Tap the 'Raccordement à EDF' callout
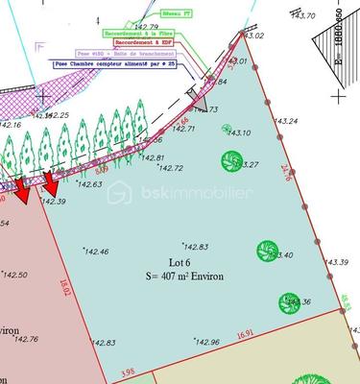145,43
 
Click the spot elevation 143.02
251,36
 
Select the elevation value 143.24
286,122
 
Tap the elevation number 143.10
238,133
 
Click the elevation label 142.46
96,252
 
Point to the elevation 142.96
206,342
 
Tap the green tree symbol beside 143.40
267,252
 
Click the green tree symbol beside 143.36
289,301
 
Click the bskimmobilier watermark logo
180,192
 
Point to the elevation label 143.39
337,262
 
